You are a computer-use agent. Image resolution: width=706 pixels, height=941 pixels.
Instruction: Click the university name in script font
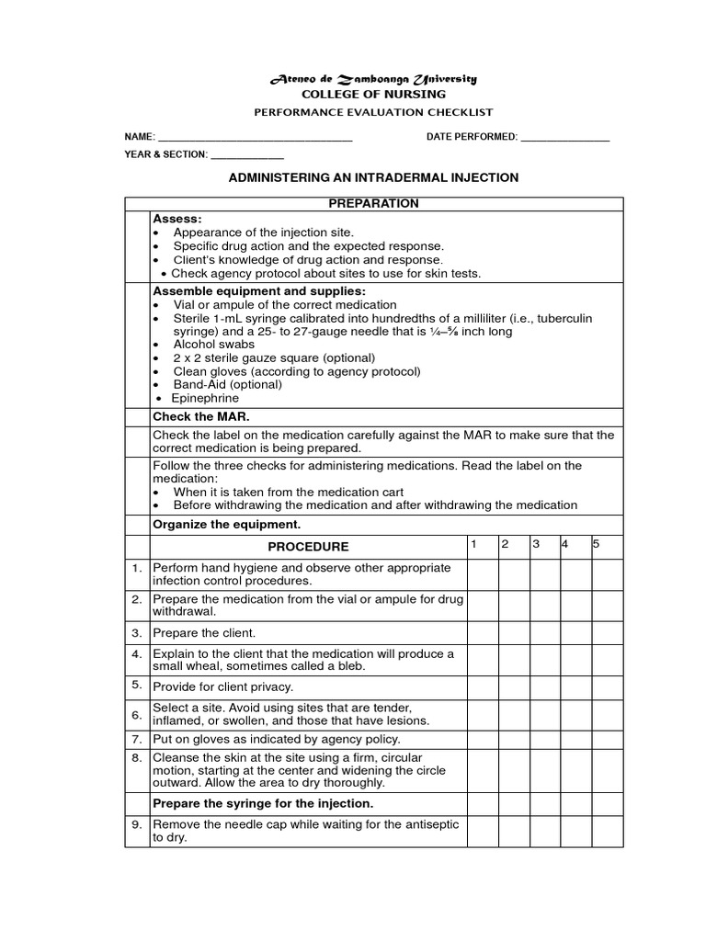(x=373, y=79)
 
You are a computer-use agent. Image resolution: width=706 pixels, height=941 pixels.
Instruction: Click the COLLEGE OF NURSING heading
(x=373, y=95)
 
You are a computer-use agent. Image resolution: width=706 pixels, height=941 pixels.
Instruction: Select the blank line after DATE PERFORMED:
(x=564, y=139)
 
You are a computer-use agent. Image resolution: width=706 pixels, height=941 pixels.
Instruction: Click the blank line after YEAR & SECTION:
(x=247, y=155)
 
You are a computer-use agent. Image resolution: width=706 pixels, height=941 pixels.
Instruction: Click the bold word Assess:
(x=176, y=220)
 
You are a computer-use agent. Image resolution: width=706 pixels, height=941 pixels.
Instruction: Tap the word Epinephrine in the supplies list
(x=206, y=399)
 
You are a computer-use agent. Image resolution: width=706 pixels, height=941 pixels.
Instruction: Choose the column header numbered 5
(x=596, y=544)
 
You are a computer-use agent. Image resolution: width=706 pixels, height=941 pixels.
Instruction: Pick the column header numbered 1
(x=473, y=544)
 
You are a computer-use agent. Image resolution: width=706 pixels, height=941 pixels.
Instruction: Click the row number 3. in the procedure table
(x=136, y=633)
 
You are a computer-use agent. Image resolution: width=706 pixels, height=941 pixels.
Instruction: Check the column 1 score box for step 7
(x=482, y=739)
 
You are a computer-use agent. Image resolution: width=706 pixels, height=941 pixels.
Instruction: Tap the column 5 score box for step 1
(x=607, y=574)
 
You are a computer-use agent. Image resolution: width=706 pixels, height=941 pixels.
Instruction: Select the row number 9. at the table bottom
(x=136, y=825)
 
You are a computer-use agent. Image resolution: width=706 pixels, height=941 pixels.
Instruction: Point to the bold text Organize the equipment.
(x=226, y=526)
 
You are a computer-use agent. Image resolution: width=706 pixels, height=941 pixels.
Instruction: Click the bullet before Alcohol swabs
(x=158, y=345)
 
